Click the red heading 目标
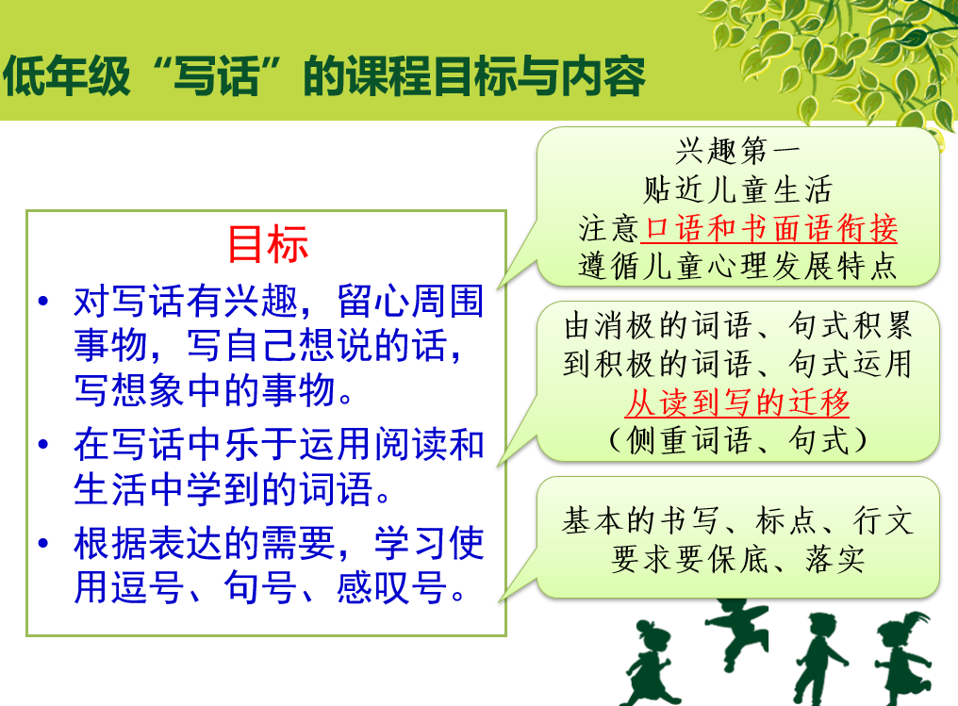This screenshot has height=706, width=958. click(x=268, y=244)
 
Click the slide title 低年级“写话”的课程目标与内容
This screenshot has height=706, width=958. click(x=323, y=76)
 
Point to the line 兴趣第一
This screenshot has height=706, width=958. click(x=737, y=151)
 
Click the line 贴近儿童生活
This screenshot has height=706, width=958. click(x=737, y=189)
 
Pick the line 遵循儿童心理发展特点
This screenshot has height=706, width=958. click(x=737, y=266)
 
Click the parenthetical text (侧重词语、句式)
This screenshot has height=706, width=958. click(x=737, y=440)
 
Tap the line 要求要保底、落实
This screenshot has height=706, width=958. click(x=737, y=559)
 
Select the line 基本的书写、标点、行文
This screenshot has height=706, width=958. click(x=737, y=521)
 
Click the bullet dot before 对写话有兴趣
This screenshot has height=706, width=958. click(x=42, y=301)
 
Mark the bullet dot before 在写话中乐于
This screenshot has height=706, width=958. click(x=42, y=444)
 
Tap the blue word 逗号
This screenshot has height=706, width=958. click(x=129, y=587)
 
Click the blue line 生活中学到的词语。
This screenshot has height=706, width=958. click(x=232, y=489)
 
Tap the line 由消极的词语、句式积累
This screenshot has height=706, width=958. click(x=737, y=325)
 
